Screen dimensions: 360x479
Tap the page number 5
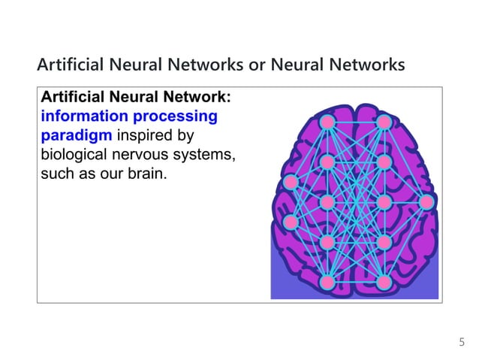click(x=462, y=343)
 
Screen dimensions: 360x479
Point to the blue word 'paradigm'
click(x=73, y=136)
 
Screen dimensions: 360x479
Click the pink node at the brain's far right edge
click(x=426, y=201)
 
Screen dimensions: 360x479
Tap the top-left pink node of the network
click(x=327, y=122)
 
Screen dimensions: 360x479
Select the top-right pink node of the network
click(x=384, y=122)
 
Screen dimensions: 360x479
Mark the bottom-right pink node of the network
click(x=384, y=282)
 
